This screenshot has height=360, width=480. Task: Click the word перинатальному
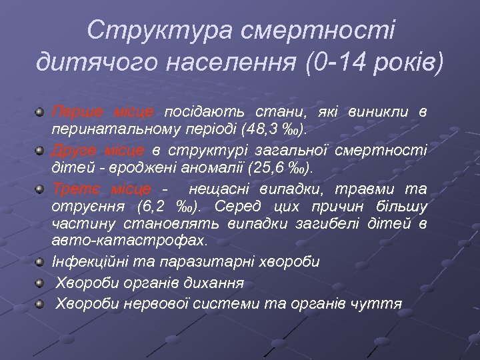[118, 127]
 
